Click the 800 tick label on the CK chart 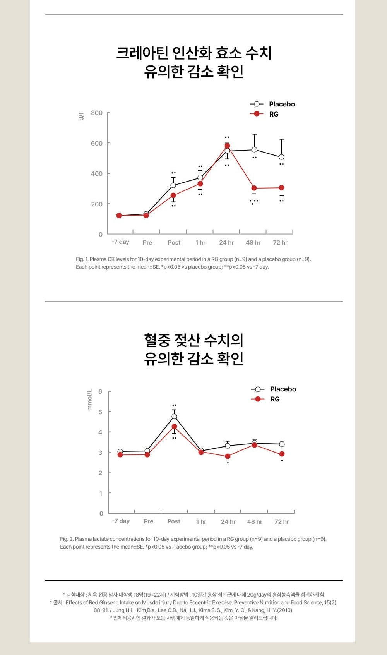(97, 113)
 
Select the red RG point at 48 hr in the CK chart (254, 188)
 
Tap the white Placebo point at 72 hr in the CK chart (281, 157)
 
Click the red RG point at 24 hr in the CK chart (227, 146)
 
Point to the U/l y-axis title (81, 117)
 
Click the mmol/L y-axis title (90, 400)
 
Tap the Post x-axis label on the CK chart (174, 243)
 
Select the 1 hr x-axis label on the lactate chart (201, 522)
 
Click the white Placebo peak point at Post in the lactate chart (174, 417)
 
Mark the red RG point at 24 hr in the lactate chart (228, 456)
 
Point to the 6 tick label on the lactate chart (100, 392)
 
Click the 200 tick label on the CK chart (97, 204)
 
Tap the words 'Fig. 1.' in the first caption (82, 259)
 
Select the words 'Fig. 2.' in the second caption (67, 539)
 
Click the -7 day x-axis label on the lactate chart (121, 521)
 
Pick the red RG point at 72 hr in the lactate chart (282, 454)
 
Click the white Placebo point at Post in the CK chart (173, 185)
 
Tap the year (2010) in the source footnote (286, 610)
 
